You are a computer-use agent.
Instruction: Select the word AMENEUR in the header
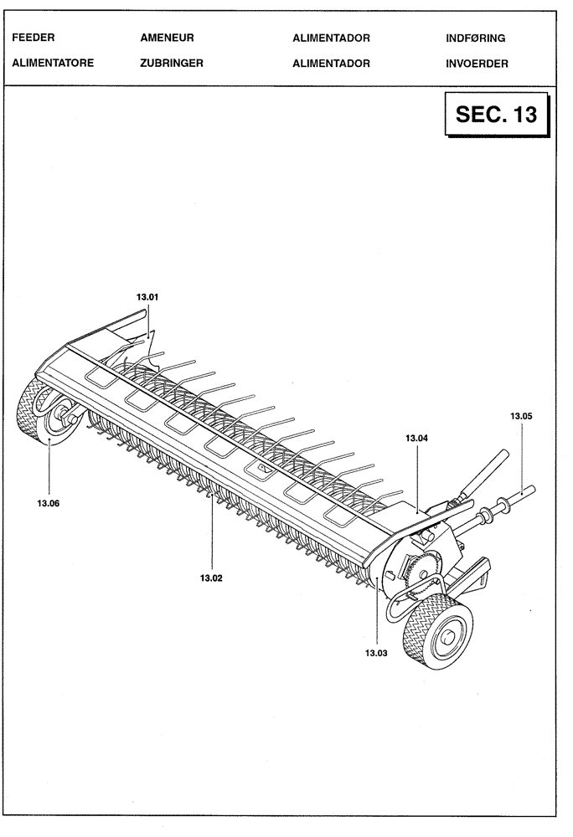click(x=168, y=39)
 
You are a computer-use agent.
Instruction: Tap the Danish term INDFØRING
click(x=476, y=39)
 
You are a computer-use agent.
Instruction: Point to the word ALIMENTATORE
click(x=53, y=63)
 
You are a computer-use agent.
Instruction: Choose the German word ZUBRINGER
click(x=172, y=63)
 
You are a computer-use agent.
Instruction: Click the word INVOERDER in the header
click(x=477, y=63)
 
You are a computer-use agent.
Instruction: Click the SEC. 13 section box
click(x=496, y=115)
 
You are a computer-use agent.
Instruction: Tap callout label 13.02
click(x=211, y=578)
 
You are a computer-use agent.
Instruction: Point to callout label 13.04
click(x=416, y=438)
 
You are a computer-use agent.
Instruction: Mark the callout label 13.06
click(x=48, y=504)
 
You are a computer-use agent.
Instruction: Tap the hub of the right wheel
click(x=450, y=638)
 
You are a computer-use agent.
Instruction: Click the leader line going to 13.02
click(x=211, y=536)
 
